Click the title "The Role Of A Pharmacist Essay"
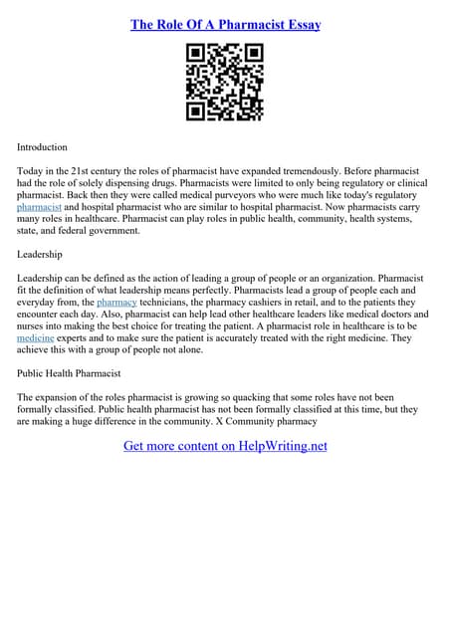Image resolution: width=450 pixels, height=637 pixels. (225, 24)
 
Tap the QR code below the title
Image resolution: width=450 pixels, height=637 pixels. (225, 83)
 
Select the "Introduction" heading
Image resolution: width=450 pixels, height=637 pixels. (43, 147)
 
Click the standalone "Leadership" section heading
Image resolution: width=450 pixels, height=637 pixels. (40, 254)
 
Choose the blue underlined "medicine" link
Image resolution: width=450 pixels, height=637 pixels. (36, 338)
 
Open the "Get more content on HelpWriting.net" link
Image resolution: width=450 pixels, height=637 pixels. (225, 446)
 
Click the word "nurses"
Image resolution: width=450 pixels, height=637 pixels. (33, 325)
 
